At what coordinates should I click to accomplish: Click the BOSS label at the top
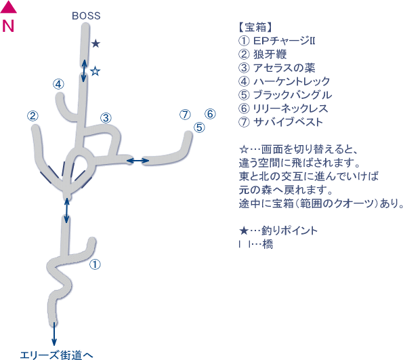point(86,16)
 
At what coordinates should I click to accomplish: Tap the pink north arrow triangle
point(8,7)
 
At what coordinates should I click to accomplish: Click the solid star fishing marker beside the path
point(96,43)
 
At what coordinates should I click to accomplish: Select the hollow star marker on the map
point(96,71)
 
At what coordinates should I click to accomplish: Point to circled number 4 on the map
point(59,84)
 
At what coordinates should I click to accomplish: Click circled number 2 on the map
point(33,116)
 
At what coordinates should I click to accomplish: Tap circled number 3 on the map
point(106,118)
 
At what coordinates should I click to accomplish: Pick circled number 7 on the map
point(185,115)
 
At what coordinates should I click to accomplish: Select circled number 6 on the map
point(210,114)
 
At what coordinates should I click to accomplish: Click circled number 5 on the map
point(199,127)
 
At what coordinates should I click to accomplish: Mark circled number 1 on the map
point(95,264)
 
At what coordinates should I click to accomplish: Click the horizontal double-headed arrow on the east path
point(138,161)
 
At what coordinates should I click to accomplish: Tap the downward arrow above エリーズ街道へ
point(54,334)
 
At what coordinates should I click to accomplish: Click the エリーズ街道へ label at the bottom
point(56,355)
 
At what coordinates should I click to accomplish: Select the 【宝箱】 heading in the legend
point(255,27)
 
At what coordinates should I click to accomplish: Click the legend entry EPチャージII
point(284,41)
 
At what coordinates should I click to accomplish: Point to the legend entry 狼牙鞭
point(270,54)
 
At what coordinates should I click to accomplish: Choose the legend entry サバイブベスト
point(288,122)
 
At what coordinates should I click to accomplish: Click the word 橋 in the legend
point(268,244)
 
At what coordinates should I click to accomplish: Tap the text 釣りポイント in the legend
point(290,231)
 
